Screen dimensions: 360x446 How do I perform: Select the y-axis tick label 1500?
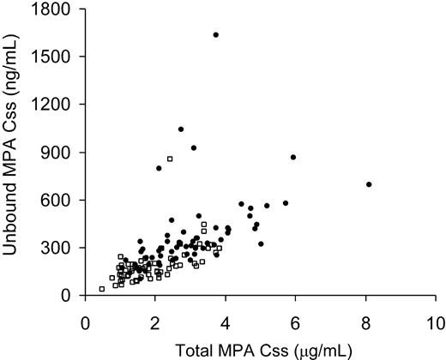point(57,57)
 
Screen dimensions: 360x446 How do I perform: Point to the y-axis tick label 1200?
point(57,105)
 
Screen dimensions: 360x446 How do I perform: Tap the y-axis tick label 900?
point(61,152)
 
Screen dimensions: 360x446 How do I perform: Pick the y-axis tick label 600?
point(61,200)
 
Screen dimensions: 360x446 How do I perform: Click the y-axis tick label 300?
point(61,248)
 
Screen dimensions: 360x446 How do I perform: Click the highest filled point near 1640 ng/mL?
point(215,35)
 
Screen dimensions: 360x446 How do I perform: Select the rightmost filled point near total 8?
point(369,184)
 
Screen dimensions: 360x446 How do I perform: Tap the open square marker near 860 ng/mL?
point(170,159)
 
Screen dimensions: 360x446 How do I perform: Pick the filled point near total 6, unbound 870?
point(293,157)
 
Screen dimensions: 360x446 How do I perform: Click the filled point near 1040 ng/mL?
point(180,129)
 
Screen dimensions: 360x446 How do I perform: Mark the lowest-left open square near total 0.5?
point(102,289)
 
